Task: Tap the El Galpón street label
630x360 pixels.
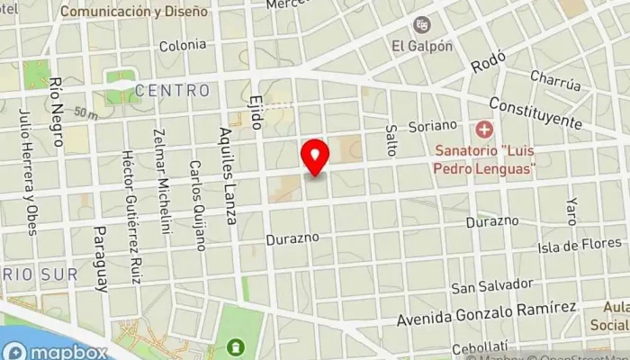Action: (x=421, y=45)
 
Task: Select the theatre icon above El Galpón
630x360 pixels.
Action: (x=421, y=25)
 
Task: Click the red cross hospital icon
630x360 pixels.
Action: (x=485, y=131)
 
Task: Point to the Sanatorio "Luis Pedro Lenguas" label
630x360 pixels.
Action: (x=484, y=158)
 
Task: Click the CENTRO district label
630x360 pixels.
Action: (x=173, y=91)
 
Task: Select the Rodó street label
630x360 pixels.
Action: (x=490, y=64)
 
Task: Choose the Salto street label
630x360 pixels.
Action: (x=391, y=139)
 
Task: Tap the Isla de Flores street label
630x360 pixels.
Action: (x=579, y=244)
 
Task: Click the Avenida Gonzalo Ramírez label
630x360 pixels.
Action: (x=487, y=314)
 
